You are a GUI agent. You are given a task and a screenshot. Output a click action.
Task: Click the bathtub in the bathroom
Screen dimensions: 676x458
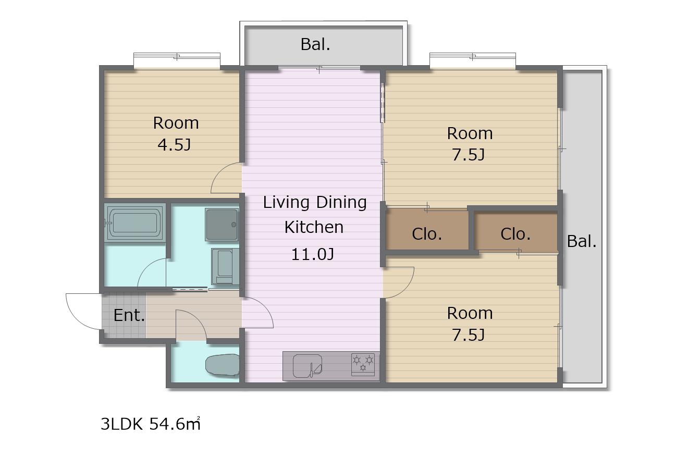[134, 222]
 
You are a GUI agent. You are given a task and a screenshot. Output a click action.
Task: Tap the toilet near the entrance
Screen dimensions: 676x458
[223, 365]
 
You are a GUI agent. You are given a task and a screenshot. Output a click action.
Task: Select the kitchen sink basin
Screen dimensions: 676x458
[307, 366]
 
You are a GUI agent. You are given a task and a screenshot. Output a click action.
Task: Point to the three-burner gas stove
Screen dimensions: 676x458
[363, 364]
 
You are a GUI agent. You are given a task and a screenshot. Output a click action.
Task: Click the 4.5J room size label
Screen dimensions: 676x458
[175, 145]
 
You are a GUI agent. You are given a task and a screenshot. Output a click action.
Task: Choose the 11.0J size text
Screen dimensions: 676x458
[313, 254]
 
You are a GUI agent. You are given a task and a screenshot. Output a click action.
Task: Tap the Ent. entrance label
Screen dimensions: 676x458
[129, 315]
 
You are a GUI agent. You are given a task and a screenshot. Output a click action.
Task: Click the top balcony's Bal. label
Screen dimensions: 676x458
[315, 44]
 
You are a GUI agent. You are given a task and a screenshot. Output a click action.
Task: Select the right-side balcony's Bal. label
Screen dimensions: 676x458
[582, 241]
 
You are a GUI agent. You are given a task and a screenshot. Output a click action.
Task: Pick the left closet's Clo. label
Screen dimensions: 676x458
[427, 234]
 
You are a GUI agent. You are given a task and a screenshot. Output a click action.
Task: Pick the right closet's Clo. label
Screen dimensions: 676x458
[515, 234]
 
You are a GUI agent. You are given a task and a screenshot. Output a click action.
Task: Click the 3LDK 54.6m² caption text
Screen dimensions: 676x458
[150, 424]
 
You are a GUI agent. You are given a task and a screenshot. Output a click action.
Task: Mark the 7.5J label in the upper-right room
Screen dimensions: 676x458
[469, 155]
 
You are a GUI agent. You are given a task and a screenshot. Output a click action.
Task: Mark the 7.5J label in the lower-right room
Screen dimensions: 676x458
[469, 335]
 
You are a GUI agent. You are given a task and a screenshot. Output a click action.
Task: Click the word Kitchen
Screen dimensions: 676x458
[314, 227]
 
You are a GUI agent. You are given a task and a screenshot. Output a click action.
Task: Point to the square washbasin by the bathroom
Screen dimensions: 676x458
[222, 224]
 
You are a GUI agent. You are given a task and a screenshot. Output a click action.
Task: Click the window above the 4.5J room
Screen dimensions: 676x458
[177, 60]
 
